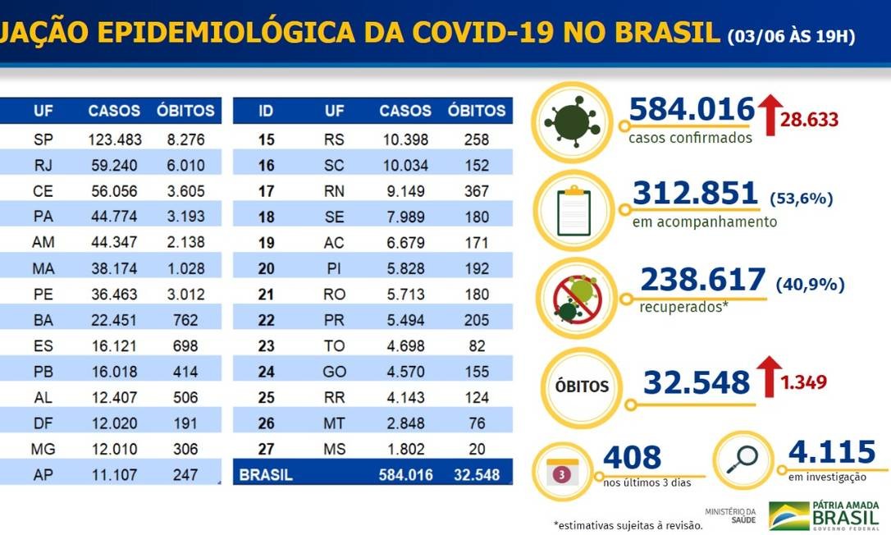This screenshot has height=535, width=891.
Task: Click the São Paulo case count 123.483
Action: click(x=115, y=139)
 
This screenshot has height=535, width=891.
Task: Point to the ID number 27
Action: click(x=266, y=450)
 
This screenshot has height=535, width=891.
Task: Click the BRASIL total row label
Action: click(x=265, y=474)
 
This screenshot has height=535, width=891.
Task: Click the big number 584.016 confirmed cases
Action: click(x=692, y=109)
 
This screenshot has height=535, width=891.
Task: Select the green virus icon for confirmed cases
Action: click(x=572, y=120)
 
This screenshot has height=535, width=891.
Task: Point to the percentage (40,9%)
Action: click(x=810, y=284)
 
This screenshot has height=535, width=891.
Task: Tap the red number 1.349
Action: click(x=804, y=382)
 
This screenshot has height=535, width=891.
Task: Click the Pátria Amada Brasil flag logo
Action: click(x=788, y=514)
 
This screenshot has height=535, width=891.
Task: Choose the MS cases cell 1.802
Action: click(x=405, y=450)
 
